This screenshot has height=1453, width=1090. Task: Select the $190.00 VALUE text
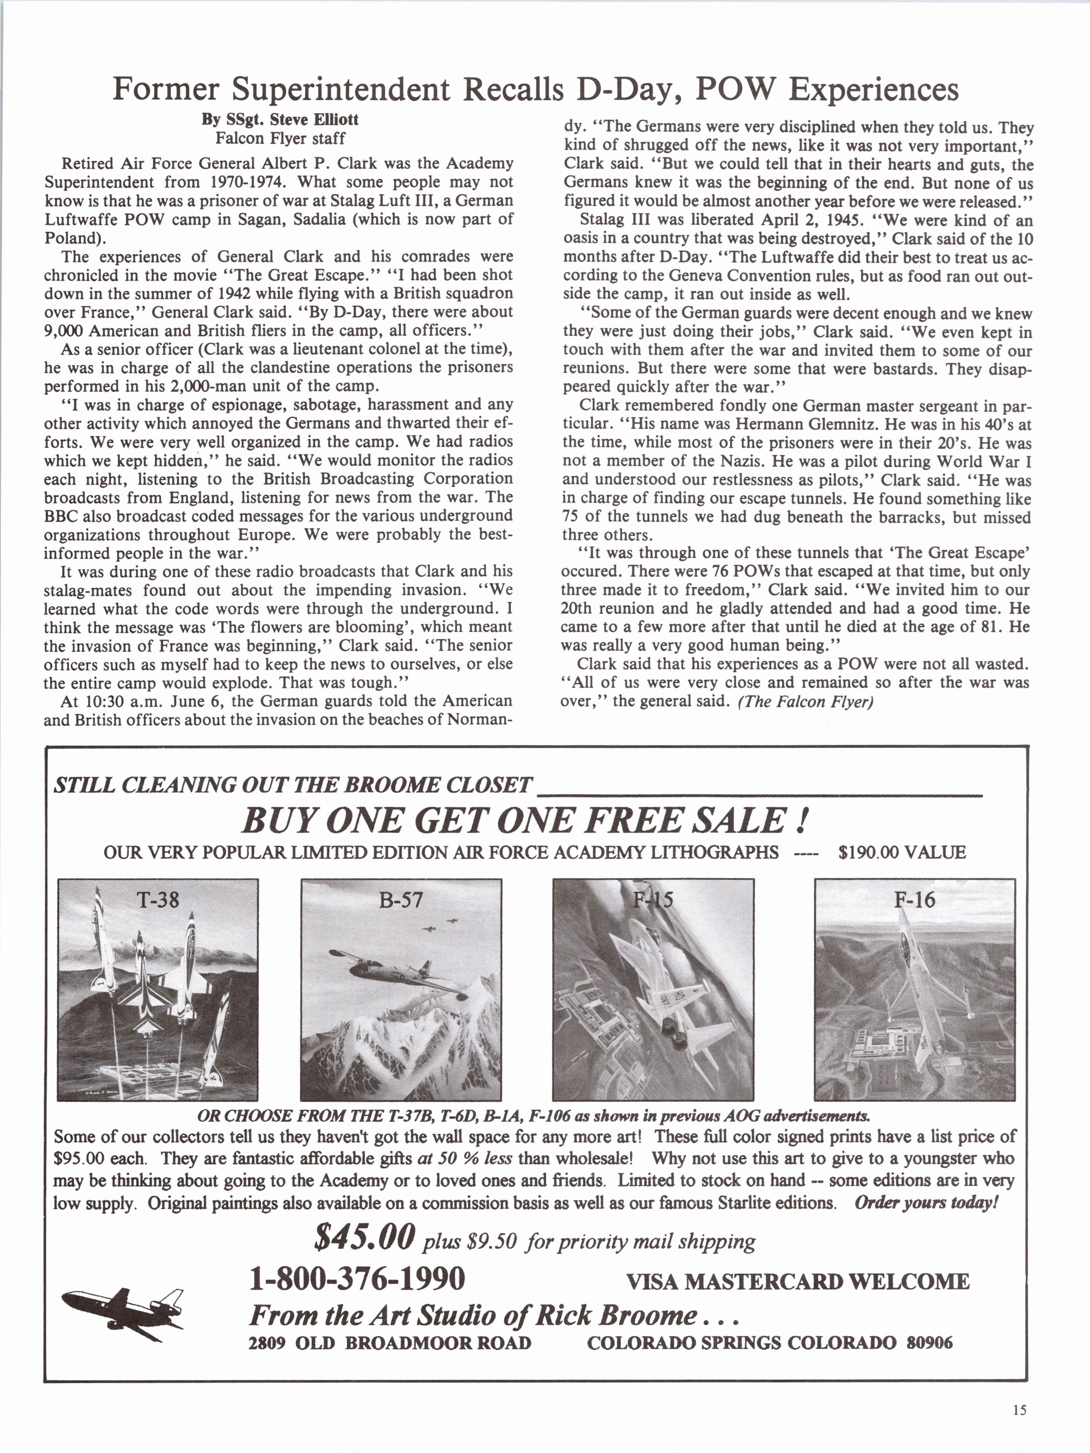point(902,853)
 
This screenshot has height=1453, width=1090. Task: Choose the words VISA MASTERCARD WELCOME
point(798,1282)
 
